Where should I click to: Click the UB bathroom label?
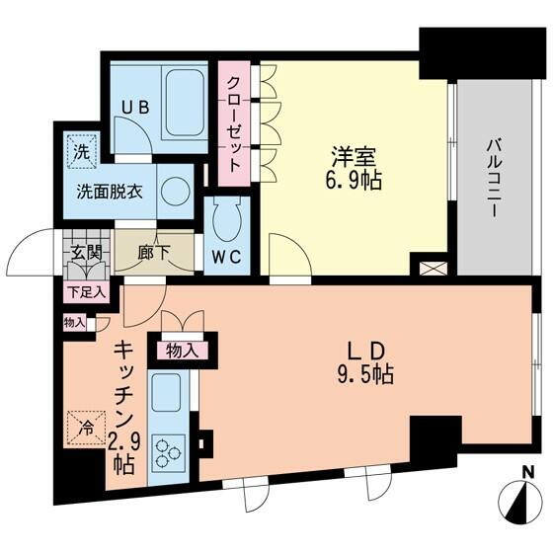coord(135,107)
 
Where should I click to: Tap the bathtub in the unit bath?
coord(185,103)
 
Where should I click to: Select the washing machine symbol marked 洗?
coord(81,152)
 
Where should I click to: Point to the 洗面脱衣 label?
coord(110,192)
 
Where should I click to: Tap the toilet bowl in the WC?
coord(227,213)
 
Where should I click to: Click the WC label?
coord(226,257)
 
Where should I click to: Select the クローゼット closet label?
coord(234,123)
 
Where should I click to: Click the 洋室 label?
coord(353,158)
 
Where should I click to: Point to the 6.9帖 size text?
coord(353,181)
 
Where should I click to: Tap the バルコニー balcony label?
coord(494,179)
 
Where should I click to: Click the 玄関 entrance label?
coord(87,253)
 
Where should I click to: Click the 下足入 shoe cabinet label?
coord(87,292)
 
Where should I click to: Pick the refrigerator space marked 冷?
coord(87,427)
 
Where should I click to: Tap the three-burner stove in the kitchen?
coord(169,453)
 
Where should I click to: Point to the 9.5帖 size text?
coord(365,374)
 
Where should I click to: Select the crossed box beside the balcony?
coord(434,269)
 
